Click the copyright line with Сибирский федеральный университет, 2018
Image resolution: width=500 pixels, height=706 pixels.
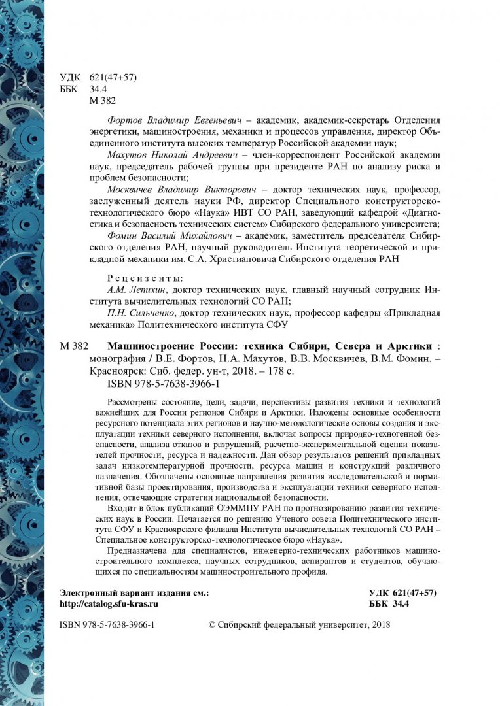click(298, 625)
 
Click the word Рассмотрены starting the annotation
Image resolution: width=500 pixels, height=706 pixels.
click(132, 401)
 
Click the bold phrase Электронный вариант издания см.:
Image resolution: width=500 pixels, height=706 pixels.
click(134, 593)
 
